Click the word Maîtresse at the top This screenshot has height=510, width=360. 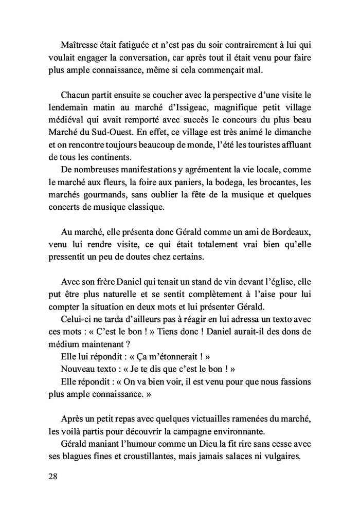coord(80,44)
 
